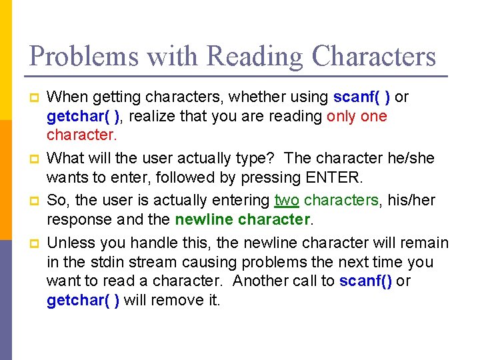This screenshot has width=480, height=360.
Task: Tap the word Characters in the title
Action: click(373, 56)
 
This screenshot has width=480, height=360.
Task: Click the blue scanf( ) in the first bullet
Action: click(362, 97)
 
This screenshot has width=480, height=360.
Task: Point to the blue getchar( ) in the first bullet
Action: click(83, 117)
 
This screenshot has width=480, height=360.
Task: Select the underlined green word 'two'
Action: click(287, 201)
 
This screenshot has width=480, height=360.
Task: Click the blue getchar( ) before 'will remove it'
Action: click(83, 301)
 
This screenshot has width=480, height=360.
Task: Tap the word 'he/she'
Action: click(411, 159)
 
